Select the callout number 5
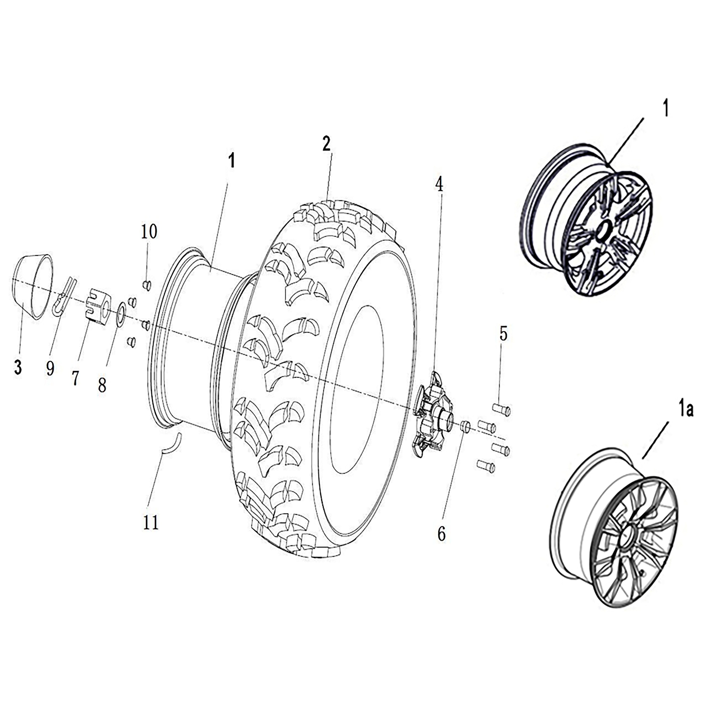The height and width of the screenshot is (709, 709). [x=503, y=334]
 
